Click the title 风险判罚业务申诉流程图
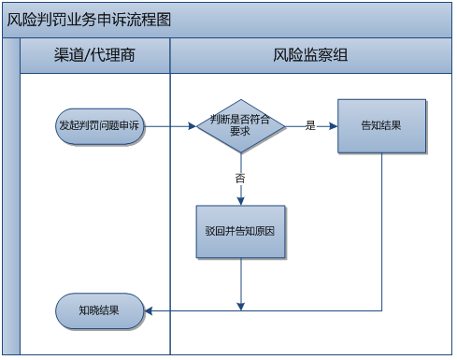click(x=90, y=20)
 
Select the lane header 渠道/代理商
click(x=94, y=55)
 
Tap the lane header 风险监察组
click(x=310, y=55)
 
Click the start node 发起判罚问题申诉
click(x=100, y=125)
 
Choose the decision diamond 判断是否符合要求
click(x=240, y=125)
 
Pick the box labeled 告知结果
click(x=381, y=125)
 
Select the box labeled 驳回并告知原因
click(x=240, y=231)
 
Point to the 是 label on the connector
click(x=310, y=125)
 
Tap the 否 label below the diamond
click(x=240, y=177)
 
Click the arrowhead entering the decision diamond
click(x=192, y=125)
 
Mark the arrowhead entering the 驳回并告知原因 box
click(x=240, y=200)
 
